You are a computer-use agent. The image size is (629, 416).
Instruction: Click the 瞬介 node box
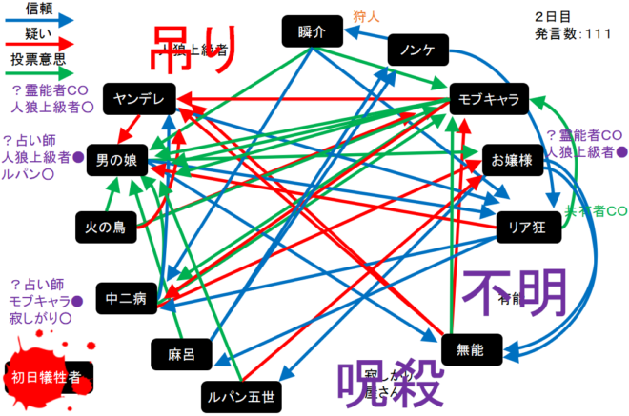(311, 31)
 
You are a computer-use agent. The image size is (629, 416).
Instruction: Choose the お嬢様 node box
(514, 161)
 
